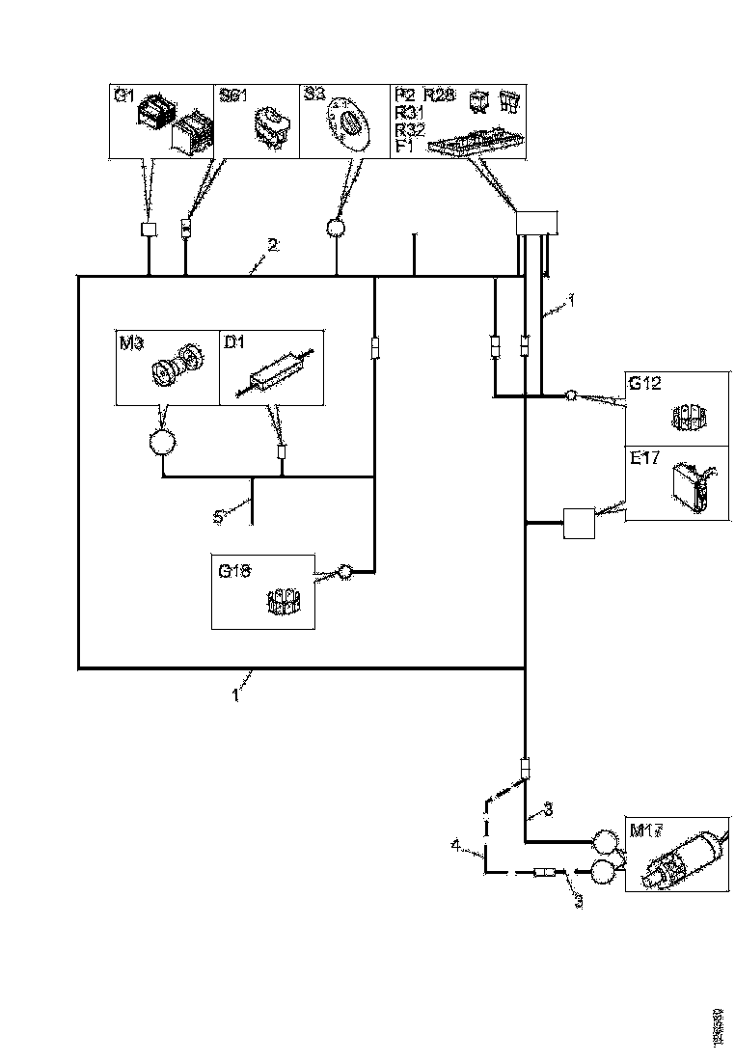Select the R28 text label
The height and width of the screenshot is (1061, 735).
pyautogui.click(x=438, y=95)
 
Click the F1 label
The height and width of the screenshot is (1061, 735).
pyautogui.click(x=403, y=147)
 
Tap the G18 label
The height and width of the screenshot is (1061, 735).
pyautogui.click(x=234, y=570)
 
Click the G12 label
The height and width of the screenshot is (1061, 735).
pyautogui.click(x=644, y=383)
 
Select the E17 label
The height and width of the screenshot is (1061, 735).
pyautogui.click(x=643, y=458)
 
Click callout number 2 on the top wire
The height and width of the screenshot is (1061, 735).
pyautogui.click(x=273, y=245)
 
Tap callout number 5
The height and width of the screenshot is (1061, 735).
pyautogui.click(x=218, y=517)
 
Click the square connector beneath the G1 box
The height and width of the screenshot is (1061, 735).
pyautogui.click(x=149, y=230)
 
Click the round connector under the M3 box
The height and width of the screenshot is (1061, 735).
pyautogui.click(x=162, y=443)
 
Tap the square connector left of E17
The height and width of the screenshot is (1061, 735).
pyautogui.click(x=579, y=524)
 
